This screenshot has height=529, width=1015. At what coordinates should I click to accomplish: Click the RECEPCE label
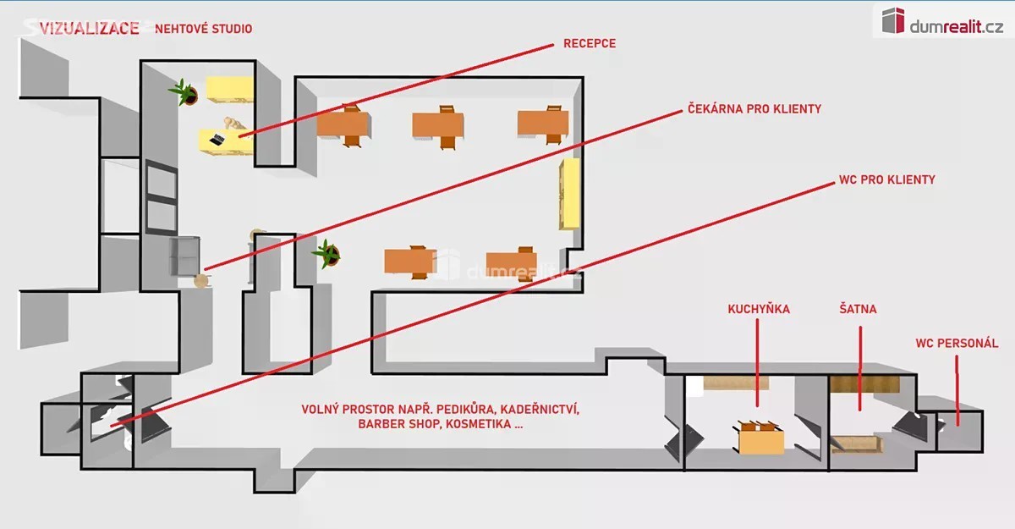coord(590,43)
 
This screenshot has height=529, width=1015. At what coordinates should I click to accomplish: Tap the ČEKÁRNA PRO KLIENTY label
coord(754,109)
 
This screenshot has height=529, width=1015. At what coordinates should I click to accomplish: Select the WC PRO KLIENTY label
coord(886,179)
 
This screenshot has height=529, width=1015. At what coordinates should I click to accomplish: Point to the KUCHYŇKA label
coord(759,309)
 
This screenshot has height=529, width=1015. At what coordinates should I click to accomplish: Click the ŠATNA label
coord(858,309)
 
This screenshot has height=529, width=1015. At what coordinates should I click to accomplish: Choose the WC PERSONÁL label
coord(957,343)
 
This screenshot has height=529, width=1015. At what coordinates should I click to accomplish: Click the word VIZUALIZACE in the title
coord(90,29)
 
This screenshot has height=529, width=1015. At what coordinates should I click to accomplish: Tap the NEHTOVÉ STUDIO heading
coord(204,29)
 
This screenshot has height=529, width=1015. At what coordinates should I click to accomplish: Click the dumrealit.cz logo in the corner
coord(942,21)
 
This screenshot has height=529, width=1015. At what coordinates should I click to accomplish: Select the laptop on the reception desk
coord(217,140)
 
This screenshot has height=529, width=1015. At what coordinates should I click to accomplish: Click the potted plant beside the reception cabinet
coord(184,92)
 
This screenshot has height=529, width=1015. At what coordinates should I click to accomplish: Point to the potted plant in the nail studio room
coord(327,254)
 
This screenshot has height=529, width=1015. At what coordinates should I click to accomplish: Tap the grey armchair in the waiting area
coord(184,256)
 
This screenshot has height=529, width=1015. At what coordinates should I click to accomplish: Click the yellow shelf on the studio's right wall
coord(569,194)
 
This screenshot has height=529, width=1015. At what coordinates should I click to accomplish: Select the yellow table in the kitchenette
coord(760,438)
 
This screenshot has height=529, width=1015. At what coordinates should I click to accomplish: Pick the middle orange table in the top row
coord(438,126)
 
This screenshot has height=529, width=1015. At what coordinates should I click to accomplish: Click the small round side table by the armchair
coord(201,281)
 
